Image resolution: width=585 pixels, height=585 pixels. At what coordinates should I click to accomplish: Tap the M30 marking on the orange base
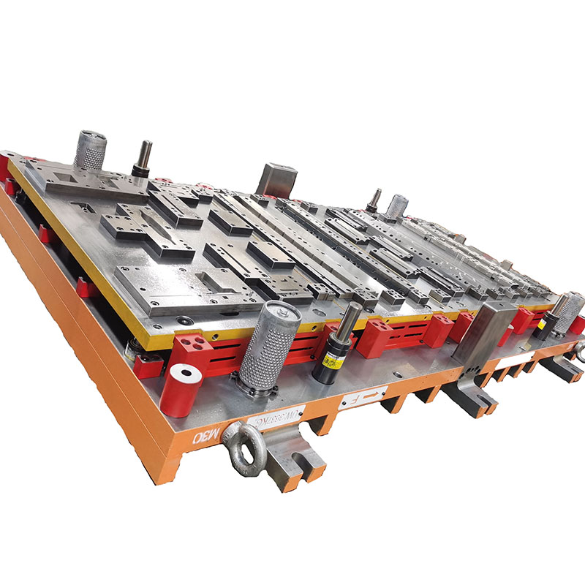pos(201,437)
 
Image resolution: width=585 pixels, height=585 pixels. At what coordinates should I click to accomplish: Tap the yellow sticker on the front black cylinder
pos(335,360)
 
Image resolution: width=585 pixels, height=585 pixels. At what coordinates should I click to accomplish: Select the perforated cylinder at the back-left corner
pos(90,149)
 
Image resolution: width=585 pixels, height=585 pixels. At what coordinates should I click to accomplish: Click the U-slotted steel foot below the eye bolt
pos(294,457)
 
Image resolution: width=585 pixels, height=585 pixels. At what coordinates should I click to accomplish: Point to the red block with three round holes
pos(192,346)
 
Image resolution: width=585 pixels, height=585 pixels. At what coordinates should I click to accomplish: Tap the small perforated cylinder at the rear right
pos(396,206)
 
